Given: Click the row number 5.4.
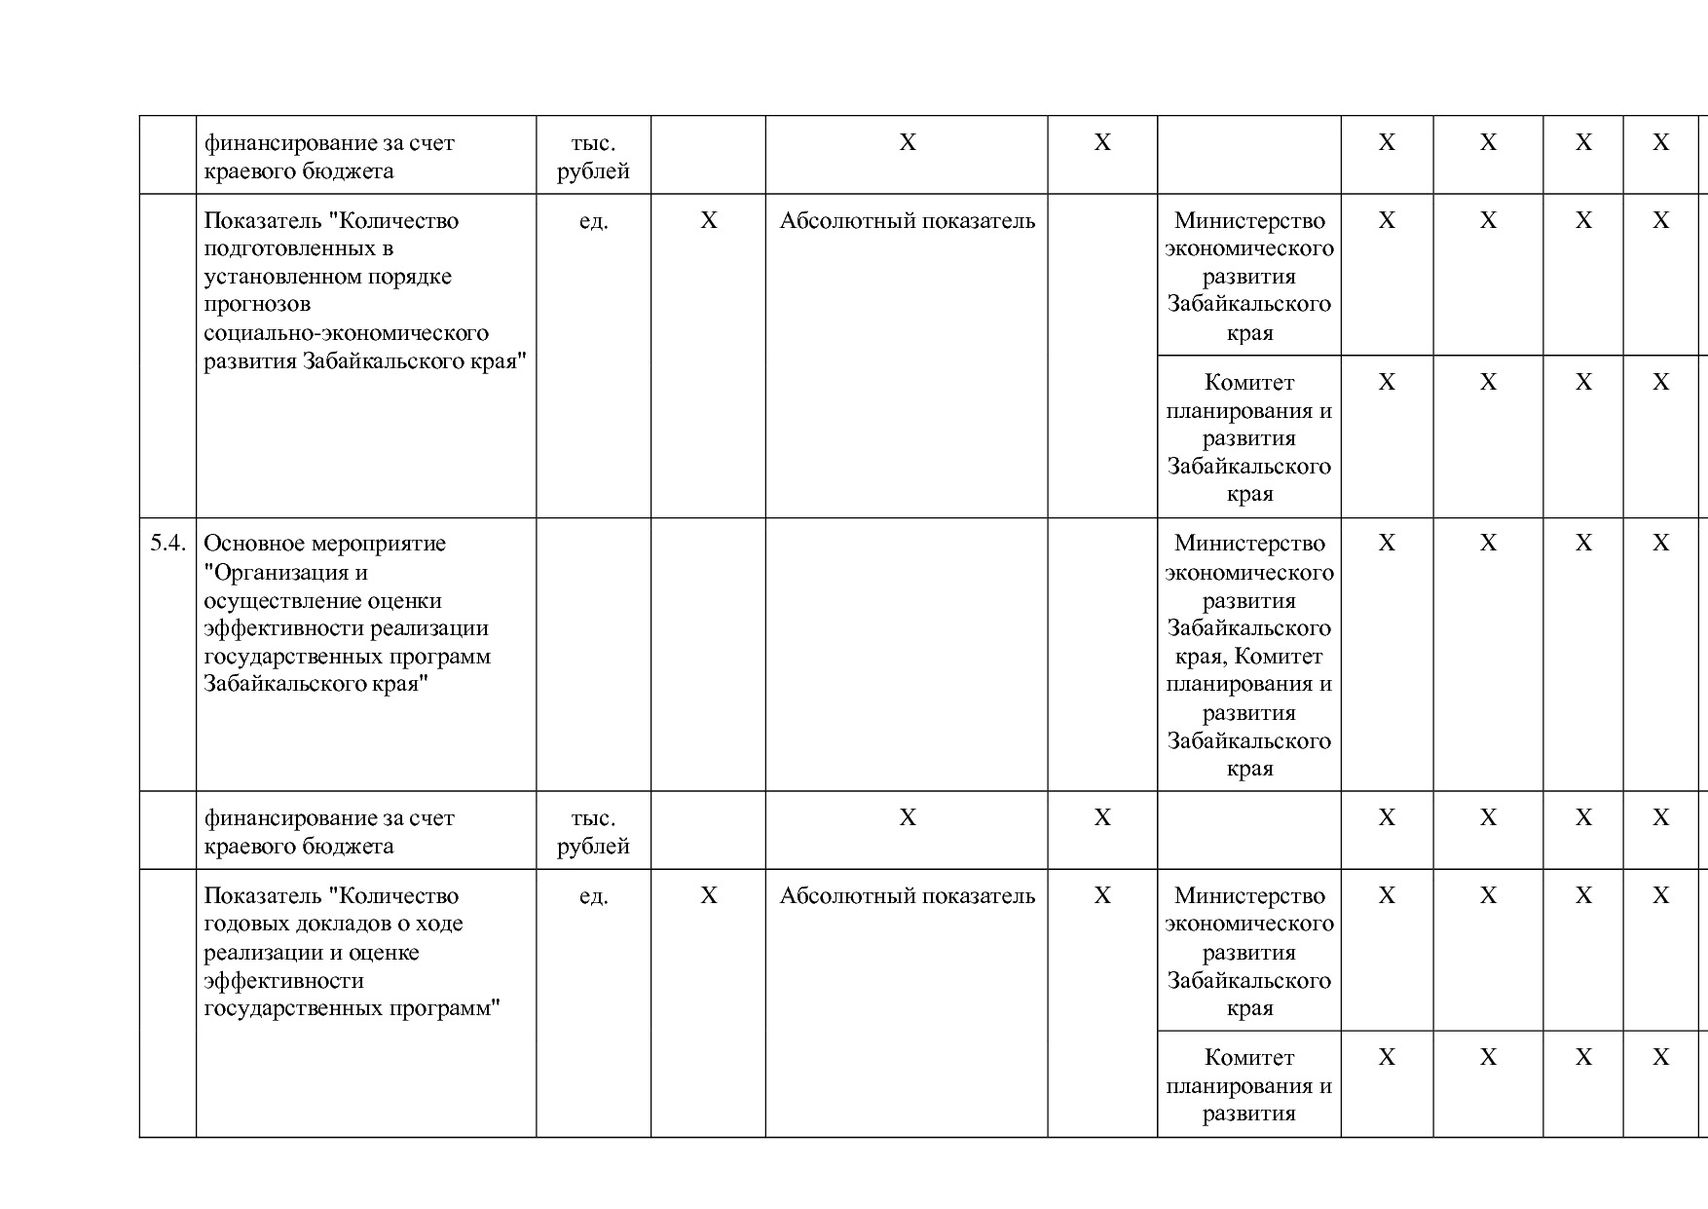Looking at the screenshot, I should [167, 544].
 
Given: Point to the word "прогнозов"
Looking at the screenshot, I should [257, 305].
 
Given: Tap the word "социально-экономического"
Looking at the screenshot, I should [346, 333].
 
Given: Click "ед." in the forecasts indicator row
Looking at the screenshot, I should [593, 221].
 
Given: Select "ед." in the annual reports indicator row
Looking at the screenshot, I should [593, 896].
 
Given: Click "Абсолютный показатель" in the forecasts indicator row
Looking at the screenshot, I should [907, 221].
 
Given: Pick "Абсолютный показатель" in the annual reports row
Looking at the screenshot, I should [907, 896].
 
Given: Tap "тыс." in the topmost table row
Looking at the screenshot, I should [593, 143].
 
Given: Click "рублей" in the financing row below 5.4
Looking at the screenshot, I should [593, 847].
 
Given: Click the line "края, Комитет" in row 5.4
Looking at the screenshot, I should [1249, 657].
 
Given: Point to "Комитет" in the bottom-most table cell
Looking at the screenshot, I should [1249, 1058].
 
